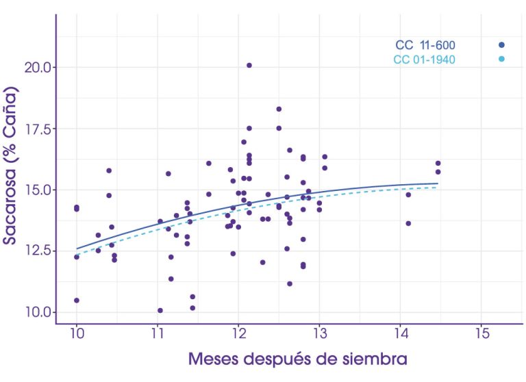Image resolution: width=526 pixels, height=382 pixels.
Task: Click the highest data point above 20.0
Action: click(x=249, y=66)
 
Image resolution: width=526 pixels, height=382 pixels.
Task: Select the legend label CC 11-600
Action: click(x=425, y=46)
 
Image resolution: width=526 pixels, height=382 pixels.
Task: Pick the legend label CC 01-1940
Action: click(x=424, y=60)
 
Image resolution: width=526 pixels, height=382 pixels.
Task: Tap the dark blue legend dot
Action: click(x=501, y=45)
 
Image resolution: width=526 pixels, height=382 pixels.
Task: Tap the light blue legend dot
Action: click(x=501, y=60)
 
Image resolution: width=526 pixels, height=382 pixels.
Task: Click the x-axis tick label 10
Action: click(x=77, y=333)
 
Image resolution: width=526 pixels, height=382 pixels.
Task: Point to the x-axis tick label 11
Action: click(x=158, y=333)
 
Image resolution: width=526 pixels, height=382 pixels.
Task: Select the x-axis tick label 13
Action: click(x=319, y=333)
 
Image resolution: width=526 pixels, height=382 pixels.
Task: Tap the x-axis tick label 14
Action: click(x=400, y=333)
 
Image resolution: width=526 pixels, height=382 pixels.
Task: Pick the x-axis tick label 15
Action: click(x=480, y=333)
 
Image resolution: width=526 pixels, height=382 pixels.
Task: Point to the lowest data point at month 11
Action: click(x=160, y=310)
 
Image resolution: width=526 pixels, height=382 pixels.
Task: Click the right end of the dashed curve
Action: click(x=437, y=187)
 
